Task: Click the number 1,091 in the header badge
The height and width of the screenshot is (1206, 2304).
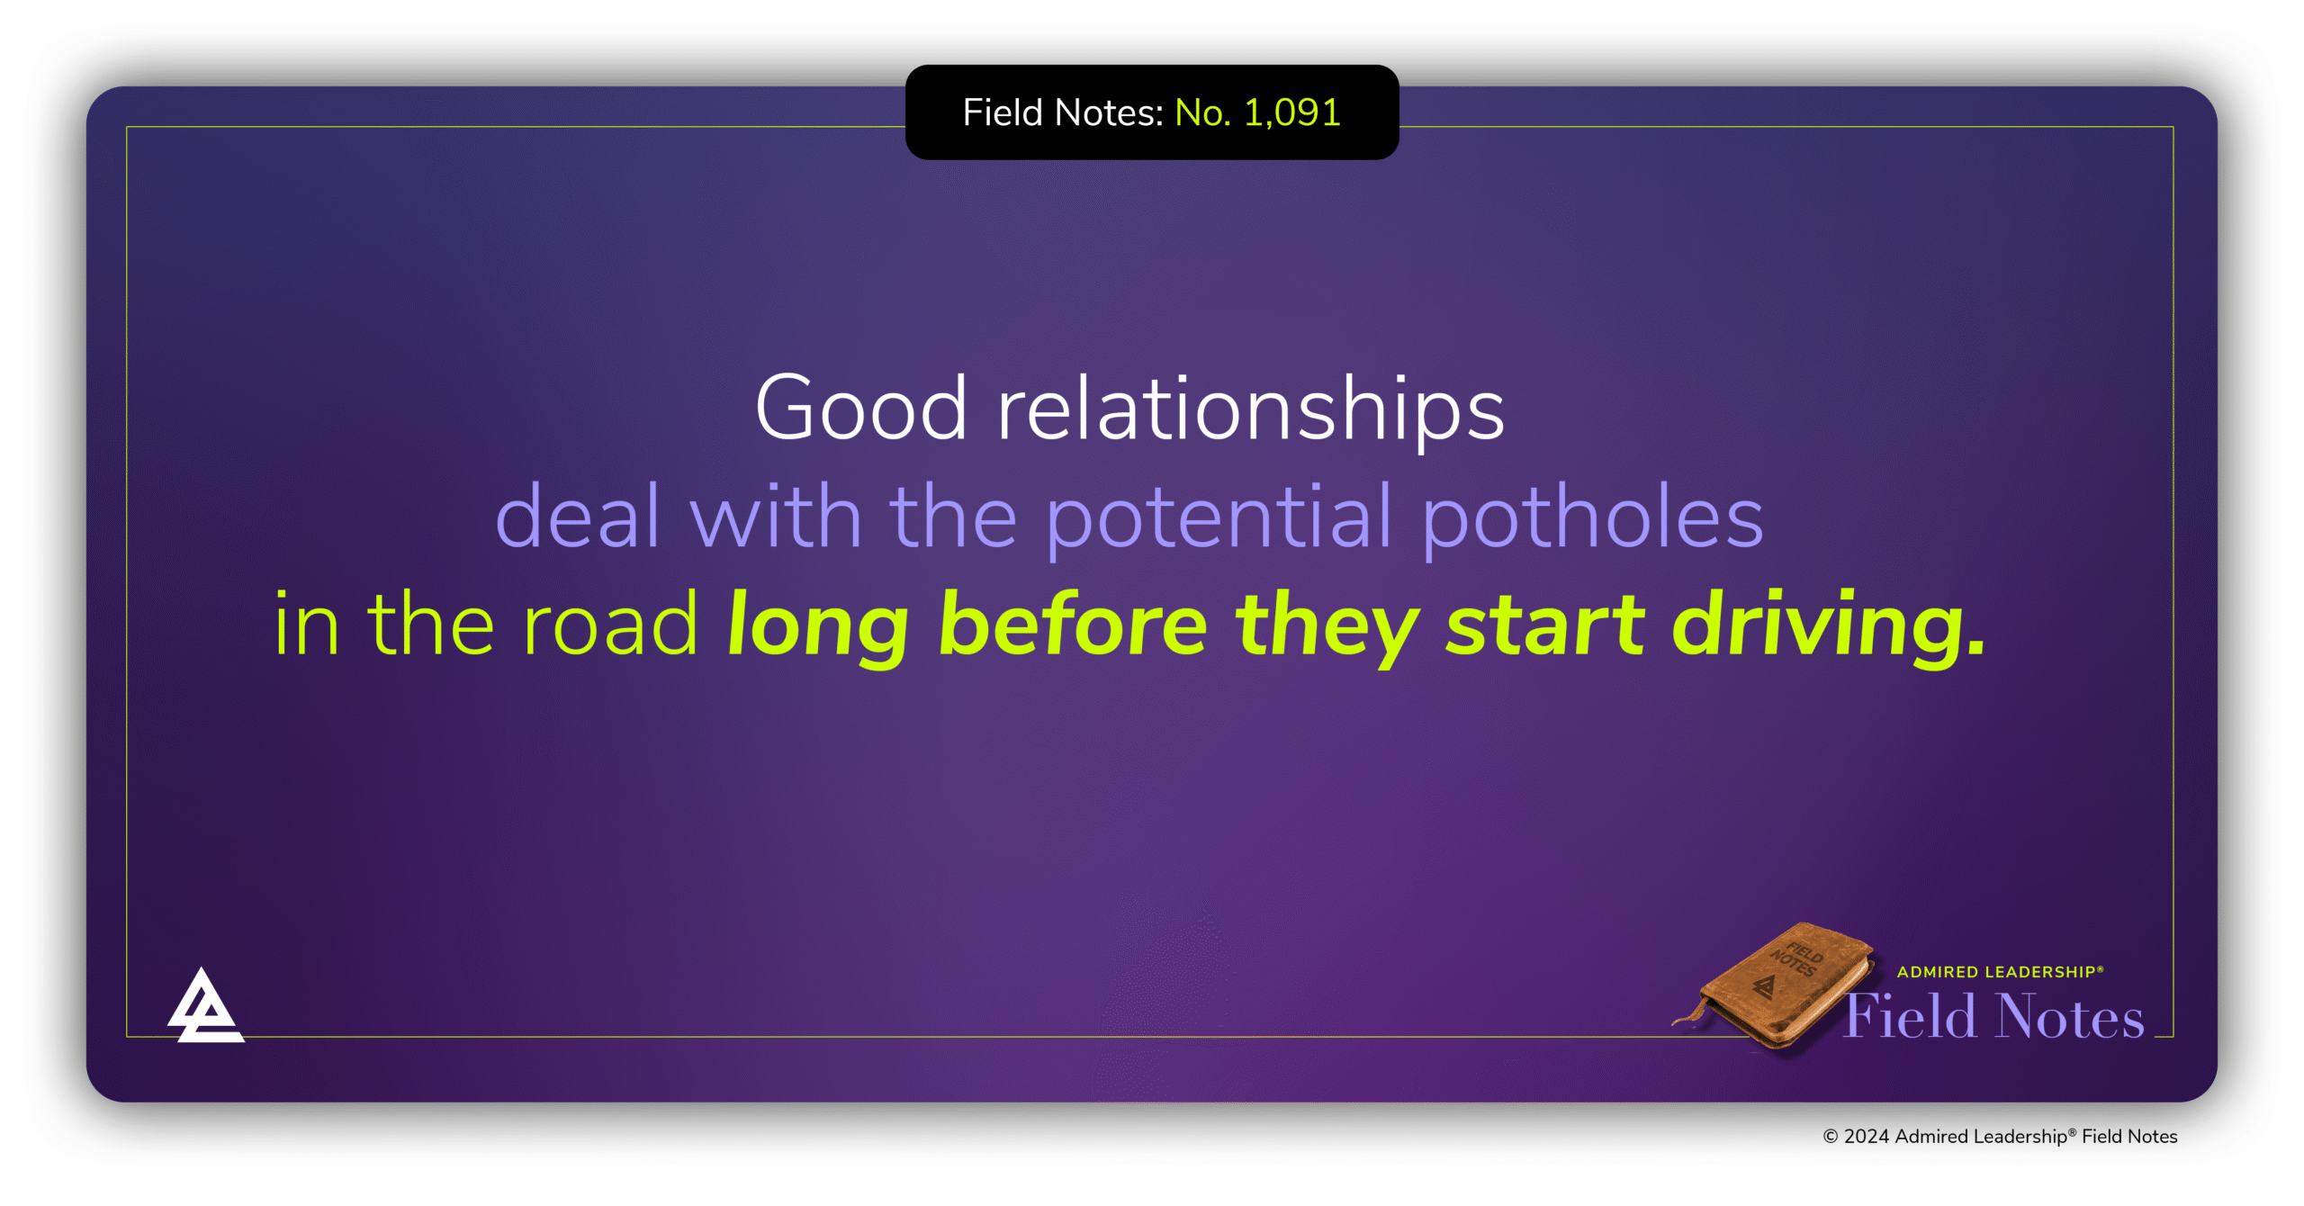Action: [1291, 113]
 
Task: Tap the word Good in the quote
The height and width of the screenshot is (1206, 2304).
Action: [861, 408]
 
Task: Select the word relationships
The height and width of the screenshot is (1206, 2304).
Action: [1251, 409]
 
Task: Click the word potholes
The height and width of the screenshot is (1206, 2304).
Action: [1593, 517]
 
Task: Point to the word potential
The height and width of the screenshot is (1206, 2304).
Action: [1220, 517]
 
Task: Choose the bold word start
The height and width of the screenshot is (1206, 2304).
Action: [1545, 626]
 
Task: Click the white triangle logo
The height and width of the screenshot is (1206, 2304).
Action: [205, 1005]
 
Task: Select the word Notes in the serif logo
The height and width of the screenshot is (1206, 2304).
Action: [2070, 1017]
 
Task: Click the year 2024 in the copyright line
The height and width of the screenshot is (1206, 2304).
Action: [1867, 1137]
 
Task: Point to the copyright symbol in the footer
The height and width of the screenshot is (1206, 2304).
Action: [1831, 1137]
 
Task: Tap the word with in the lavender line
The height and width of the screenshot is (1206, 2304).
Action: [776, 516]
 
